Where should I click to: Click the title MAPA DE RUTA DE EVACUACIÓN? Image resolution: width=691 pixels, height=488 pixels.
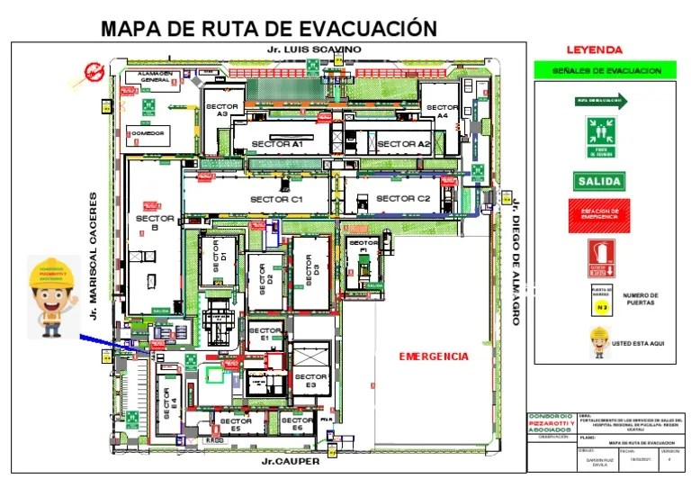[x=268, y=28]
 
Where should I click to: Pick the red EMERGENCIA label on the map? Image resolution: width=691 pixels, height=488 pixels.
[x=434, y=357]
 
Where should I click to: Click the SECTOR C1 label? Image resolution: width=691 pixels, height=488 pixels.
[x=277, y=198]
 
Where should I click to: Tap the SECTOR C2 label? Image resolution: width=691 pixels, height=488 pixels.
[x=403, y=198]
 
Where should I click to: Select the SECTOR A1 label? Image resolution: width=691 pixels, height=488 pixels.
[x=277, y=144]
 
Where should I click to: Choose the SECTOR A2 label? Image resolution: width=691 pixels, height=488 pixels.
[x=403, y=144]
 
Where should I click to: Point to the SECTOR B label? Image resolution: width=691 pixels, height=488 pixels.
[x=148, y=222]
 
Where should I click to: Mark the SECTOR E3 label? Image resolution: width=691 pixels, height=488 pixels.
[x=310, y=380]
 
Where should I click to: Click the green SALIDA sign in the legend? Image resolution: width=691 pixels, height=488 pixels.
[x=599, y=181]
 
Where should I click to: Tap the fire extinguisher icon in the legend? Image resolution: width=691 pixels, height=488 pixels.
[x=601, y=258]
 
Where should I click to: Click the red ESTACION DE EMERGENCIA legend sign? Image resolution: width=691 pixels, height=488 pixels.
[x=599, y=214]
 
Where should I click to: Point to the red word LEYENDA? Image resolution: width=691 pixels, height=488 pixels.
[x=594, y=50]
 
